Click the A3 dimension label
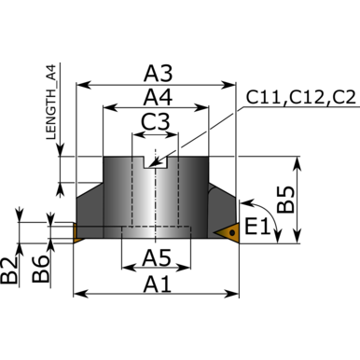[x=158, y=73]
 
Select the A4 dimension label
[x=158, y=96]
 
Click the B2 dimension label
[x=10, y=271]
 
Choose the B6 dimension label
[x=38, y=271]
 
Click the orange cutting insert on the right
[x=228, y=231]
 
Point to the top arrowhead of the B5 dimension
[x=299, y=160]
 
